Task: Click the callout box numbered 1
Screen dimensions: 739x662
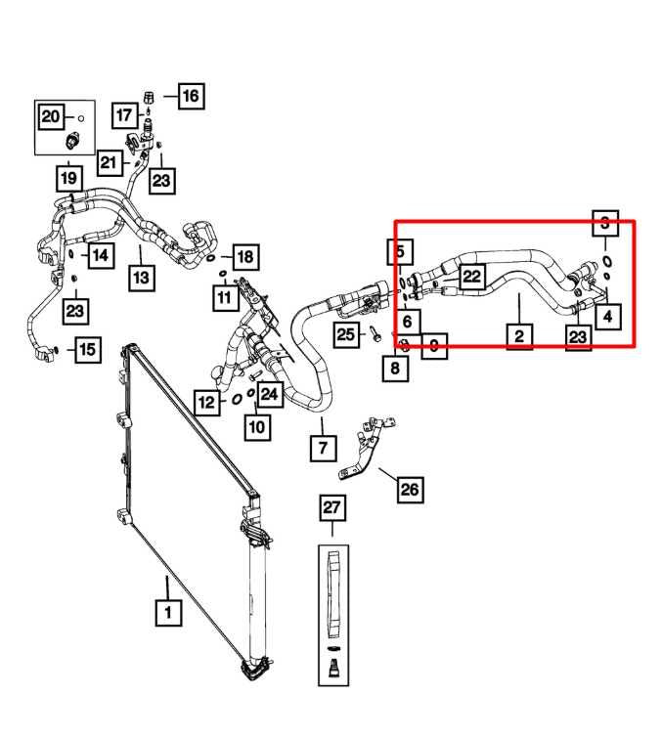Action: point(167,613)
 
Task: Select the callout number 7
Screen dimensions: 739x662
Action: point(323,450)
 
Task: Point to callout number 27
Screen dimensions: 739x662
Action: point(332,507)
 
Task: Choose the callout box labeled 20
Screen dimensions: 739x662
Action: point(50,117)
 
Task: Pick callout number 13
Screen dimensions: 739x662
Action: point(142,278)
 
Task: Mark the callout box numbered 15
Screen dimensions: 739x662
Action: point(87,349)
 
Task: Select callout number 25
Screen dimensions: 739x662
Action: point(344,334)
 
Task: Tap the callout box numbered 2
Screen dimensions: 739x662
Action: point(518,335)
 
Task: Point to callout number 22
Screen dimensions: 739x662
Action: point(471,277)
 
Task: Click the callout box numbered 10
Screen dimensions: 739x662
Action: point(256,427)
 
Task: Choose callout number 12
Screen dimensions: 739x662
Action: point(206,402)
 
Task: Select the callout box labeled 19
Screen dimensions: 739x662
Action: point(67,179)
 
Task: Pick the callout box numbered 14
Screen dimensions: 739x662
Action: point(101,256)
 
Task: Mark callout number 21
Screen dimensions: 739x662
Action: point(108,163)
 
